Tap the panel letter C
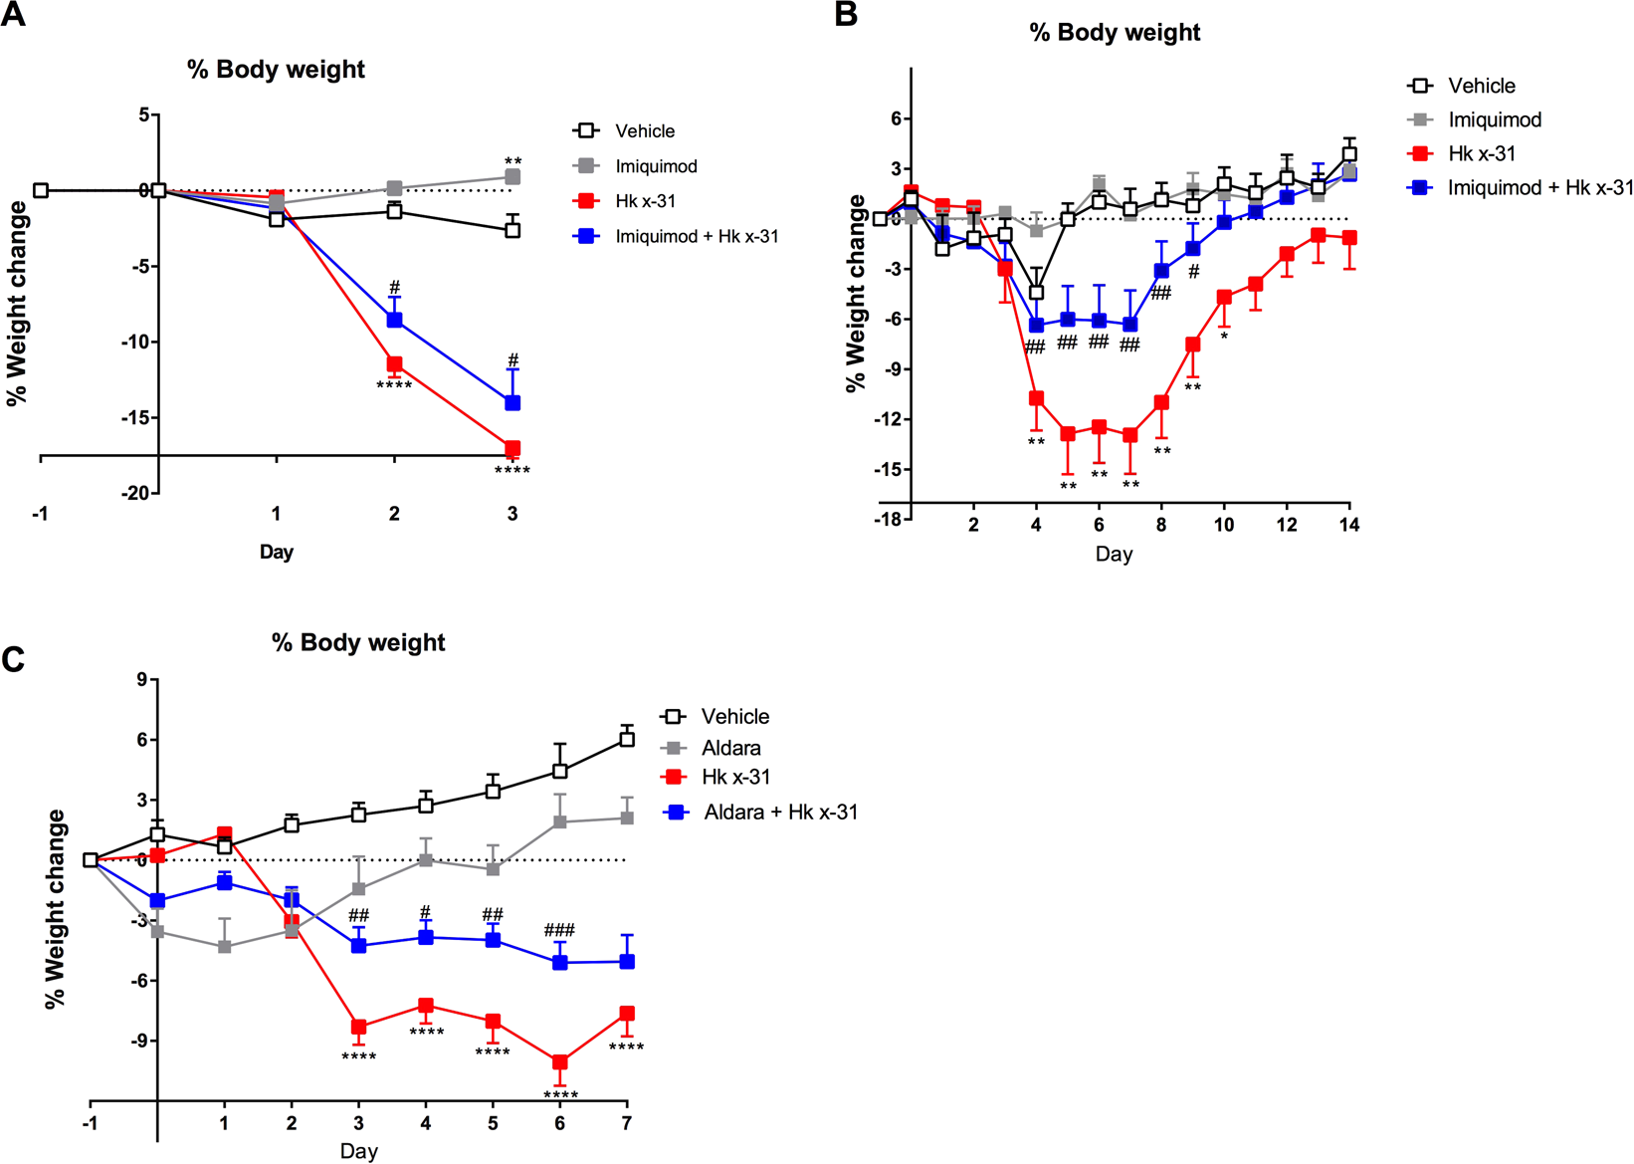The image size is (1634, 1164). (13, 659)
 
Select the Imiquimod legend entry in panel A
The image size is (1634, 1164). (655, 166)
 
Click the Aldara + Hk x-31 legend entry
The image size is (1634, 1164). (779, 813)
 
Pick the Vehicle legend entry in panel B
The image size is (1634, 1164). (1481, 86)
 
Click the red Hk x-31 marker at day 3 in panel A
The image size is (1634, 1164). (512, 449)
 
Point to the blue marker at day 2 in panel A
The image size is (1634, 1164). (395, 320)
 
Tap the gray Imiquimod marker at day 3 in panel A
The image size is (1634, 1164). (512, 177)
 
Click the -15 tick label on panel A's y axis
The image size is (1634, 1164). (135, 418)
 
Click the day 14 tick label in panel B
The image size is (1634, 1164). (1349, 526)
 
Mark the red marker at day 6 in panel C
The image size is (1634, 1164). (560, 1062)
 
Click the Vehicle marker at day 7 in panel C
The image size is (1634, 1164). (627, 739)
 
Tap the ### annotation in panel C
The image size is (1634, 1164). (559, 931)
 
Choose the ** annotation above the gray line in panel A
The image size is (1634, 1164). (512, 161)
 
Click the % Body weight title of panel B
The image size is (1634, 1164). (1115, 33)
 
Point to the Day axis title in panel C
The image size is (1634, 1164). (358, 1151)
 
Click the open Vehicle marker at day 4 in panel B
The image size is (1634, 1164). (1036, 293)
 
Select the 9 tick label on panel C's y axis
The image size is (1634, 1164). (141, 680)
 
